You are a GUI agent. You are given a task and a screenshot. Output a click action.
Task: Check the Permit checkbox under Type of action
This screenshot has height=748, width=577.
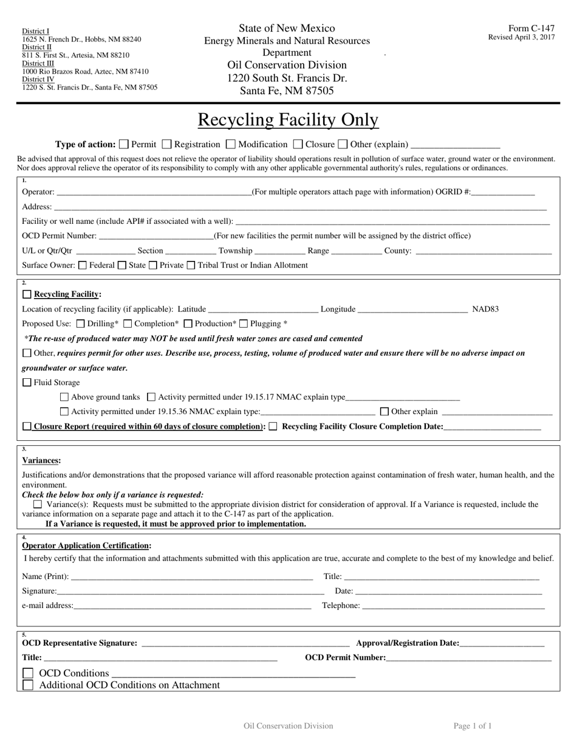(x=124, y=145)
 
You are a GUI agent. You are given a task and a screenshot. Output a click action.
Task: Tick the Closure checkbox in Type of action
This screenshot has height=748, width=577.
(x=298, y=145)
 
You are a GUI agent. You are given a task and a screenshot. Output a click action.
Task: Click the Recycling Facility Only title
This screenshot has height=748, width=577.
(x=288, y=120)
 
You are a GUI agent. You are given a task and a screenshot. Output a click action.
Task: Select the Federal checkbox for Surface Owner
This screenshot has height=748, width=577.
(x=83, y=265)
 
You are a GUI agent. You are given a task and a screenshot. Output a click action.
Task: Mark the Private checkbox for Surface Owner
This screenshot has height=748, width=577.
(x=153, y=265)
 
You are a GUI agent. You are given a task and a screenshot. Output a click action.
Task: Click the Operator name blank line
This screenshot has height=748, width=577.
(x=153, y=193)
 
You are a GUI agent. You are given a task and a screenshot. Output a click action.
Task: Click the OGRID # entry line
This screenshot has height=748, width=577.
(x=502, y=193)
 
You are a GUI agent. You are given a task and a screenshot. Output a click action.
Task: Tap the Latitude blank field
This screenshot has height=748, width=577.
(x=262, y=310)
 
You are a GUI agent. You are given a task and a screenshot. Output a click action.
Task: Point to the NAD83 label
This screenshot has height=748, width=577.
(x=485, y=310)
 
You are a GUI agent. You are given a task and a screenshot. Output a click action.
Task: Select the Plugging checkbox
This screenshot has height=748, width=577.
(x=244, y=324)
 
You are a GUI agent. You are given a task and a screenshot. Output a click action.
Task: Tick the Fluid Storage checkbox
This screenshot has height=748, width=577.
(x=27, y=383)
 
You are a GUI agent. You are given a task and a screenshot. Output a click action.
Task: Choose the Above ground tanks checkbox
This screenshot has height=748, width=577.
(x=65, y=397)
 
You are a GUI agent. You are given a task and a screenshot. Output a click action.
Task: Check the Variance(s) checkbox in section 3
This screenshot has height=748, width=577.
(x=38, y=504)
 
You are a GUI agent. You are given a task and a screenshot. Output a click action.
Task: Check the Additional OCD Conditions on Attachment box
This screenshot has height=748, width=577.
(x=28, y=685)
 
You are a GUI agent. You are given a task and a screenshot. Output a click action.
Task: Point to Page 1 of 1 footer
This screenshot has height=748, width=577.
(x=473, y=725)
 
